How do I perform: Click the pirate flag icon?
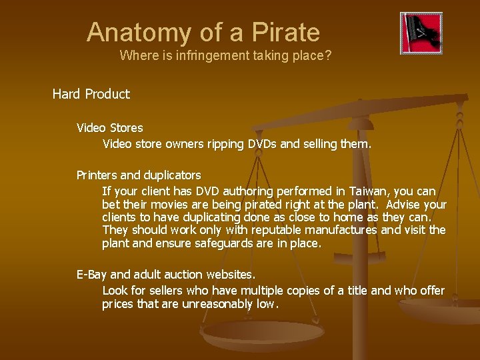[x=421, y=33]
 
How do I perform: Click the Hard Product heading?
[x=91, y=94]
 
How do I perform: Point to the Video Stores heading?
[x=110, y=127]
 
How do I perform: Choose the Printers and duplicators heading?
[x=139, y=175]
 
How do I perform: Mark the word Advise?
[x=404, y=204]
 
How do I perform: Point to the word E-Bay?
[x=91, y=274]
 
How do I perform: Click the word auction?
[x=179, y=274]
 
